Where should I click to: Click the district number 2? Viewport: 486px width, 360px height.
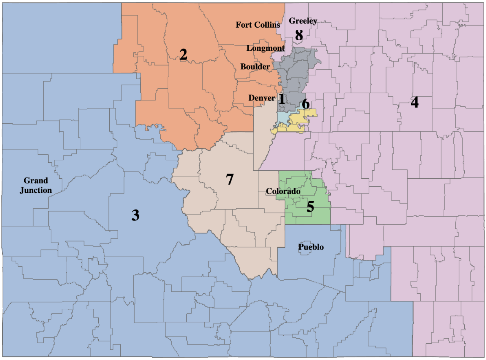[183, 55]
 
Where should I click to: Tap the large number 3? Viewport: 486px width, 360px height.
[135, 215]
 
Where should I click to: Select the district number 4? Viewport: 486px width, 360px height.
[415, 102]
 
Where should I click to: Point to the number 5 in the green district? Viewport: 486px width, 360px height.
[310, 207]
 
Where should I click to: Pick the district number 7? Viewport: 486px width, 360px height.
[229, 179]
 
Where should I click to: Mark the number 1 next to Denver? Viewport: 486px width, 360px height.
[282, 99]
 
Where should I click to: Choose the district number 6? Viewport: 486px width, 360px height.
[306, 104]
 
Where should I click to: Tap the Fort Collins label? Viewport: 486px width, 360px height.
[258, 25]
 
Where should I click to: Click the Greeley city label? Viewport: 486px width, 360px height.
[303, 20]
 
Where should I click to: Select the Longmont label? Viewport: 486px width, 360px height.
[265, 48]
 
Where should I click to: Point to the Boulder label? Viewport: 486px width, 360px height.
[255, 67]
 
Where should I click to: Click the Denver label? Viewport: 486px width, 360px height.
[262, 98]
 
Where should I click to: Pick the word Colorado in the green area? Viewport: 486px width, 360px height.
[283, 192]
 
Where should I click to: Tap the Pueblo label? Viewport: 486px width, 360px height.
[311, 247]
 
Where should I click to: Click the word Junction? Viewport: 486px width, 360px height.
[36, 190]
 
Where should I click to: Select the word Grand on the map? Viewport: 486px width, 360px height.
[36, 181]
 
